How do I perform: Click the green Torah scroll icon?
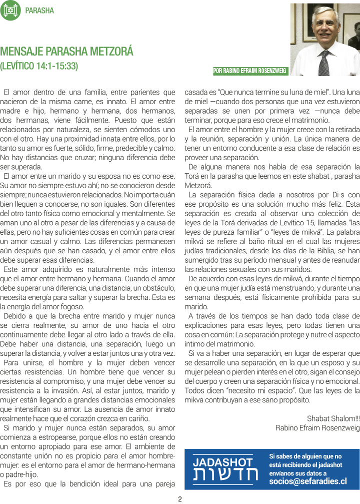10,11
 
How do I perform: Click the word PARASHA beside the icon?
39,11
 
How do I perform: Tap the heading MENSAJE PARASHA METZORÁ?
66,52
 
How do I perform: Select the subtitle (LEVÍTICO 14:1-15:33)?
39,66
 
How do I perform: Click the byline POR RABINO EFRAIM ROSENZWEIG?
250,71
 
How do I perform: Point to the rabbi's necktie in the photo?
324,63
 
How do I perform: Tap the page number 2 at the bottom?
180,498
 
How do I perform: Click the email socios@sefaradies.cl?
308,481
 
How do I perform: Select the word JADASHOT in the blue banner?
223,462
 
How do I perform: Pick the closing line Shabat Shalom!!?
333,418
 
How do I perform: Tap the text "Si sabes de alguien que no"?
305,456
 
